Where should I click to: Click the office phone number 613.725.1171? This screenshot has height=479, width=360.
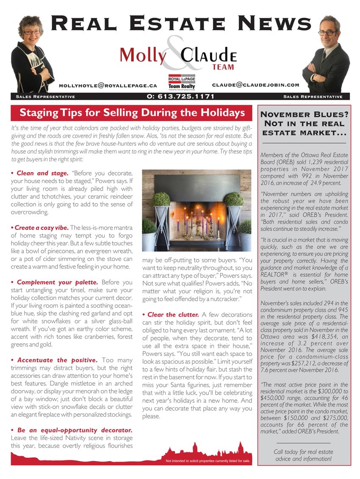point(180,97)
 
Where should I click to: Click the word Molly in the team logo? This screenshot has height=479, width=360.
point(143,56)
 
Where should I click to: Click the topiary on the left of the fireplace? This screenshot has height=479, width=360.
point(161,200)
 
